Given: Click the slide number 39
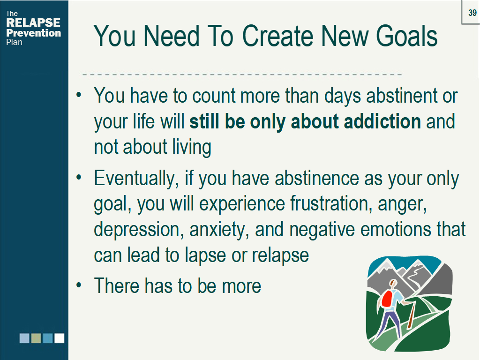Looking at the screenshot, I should (x=472, y=13).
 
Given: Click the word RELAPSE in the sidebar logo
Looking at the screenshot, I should (x=33, y=22).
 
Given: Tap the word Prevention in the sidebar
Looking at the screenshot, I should (x=33, y=33).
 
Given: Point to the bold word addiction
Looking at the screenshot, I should (x=382, y=121).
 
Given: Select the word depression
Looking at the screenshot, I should (x=132, y=230).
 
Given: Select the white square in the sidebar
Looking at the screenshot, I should (x=59, y=338).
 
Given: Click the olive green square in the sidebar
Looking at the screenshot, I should (x=36, y=338).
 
